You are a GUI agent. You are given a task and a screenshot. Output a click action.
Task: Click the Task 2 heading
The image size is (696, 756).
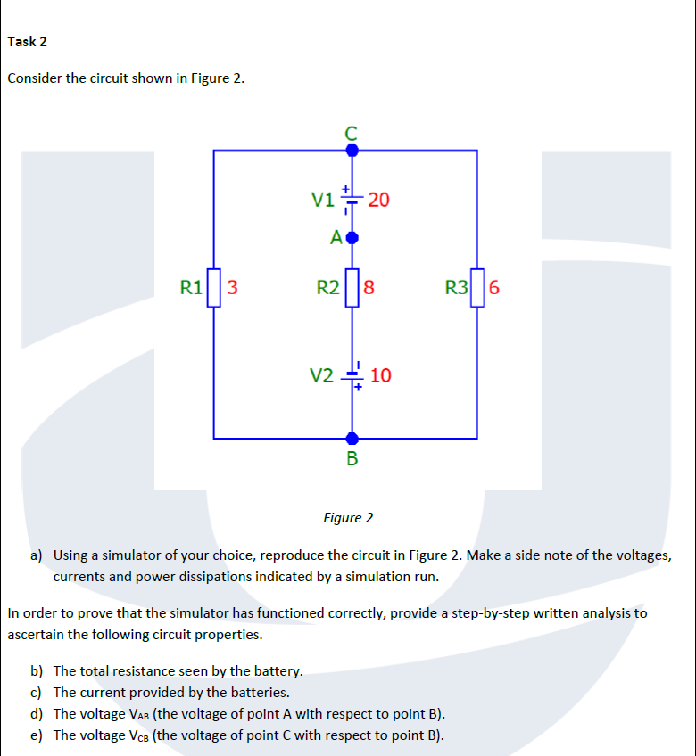[x=28, y=41]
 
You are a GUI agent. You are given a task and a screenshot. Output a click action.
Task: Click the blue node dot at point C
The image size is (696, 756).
[x=352, y=151]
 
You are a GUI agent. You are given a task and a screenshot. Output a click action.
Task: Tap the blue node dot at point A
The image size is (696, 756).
[x=352, y=238]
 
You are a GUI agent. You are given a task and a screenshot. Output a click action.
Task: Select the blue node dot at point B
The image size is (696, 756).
[x=352, y=438]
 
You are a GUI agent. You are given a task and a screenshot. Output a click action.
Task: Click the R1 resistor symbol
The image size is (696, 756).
[x=213, y=287]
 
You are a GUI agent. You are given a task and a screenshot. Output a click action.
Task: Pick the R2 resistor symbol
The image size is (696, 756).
[x=352, y=287]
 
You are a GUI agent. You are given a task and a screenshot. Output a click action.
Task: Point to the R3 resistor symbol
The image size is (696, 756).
[x=477, y=287]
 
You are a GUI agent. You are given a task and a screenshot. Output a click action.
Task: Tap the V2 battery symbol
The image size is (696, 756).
[x=352, y=376]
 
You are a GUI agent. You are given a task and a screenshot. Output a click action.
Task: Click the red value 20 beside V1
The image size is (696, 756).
[x=378, y=200]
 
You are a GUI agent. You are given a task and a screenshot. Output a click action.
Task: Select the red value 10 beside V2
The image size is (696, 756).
[x=380, y=375]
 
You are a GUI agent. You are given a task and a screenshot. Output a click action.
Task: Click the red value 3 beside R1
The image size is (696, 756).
[x=232, y=287]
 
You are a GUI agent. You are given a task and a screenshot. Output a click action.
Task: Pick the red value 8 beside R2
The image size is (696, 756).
[x=369, y=287]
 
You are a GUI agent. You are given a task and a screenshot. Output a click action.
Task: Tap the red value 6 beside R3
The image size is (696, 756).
[x=494, y=287]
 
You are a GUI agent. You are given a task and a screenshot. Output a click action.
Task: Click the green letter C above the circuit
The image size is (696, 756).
[x=352, y=132]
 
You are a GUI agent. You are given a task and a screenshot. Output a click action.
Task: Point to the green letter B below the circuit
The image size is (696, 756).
[x=352, y=460]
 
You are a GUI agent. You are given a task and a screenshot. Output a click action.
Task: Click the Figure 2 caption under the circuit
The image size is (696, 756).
[x=348, y=518]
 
